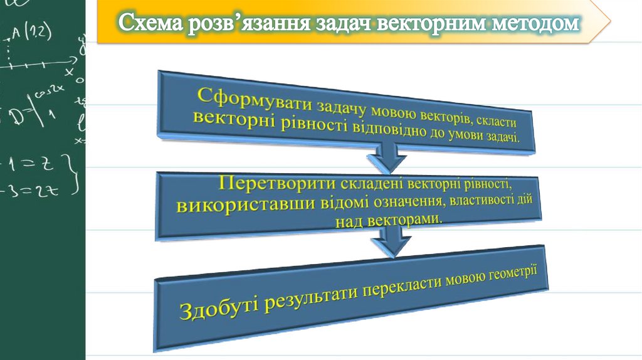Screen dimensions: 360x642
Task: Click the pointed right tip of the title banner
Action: [608, 22]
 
